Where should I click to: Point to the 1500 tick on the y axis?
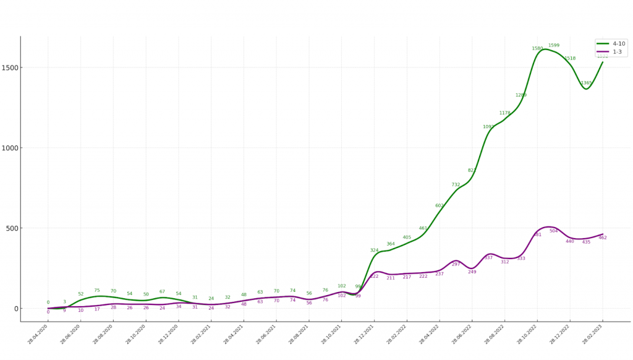(10, 67)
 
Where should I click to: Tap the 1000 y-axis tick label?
(10, 148)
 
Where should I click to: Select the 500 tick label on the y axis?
(12, 228)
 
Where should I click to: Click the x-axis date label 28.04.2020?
(37, 335)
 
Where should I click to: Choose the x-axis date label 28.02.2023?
(592, 335)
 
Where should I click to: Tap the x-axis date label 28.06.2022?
(461, 335)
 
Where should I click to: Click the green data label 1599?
(554, 46)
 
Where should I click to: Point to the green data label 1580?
(537, 49)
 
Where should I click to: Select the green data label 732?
(456, 185)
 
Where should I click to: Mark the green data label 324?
(374, 251)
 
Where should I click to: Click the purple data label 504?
(554, 231)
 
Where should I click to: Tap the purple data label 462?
(603, 238)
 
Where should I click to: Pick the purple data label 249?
(472, 272)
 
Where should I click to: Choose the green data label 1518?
(570, 59)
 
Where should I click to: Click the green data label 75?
(97, 291)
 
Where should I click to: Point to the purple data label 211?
(391, 278)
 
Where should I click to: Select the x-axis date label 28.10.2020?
(135, 335)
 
